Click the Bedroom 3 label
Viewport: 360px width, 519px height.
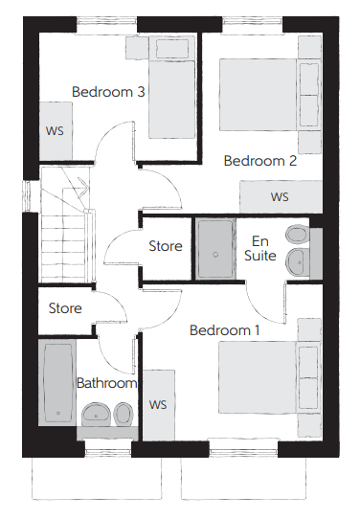[x=108, y=92]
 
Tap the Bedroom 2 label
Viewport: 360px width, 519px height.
[x=260, y=161]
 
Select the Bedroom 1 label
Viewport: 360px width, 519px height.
[x=224, y=330]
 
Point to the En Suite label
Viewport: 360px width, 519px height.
[x=260, y=249]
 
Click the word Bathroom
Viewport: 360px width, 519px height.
[x=106, y=383]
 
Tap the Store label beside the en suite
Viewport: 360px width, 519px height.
[x=166, y=246]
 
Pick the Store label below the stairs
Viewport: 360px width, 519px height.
[x=65, y=308]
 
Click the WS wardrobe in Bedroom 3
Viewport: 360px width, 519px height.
[x=56, y=131]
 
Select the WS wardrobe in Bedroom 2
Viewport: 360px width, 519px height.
[x=281, y=196]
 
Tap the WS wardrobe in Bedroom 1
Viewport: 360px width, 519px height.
[x=159, y=405]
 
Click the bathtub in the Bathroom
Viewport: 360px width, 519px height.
[x=58, y=382]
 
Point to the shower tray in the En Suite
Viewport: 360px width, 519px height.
[x=215, y=249]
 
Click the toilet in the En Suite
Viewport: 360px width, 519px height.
[x=297, y=235]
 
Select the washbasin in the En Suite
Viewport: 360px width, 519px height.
[x=297, y=261]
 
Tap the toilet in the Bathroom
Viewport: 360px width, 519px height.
[x=124, y=414]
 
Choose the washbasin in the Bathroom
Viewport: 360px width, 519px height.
[x=97, y=414]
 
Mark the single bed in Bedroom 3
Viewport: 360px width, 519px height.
[x=171, y=87]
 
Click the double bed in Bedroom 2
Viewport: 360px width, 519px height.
[x=270, y=95]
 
